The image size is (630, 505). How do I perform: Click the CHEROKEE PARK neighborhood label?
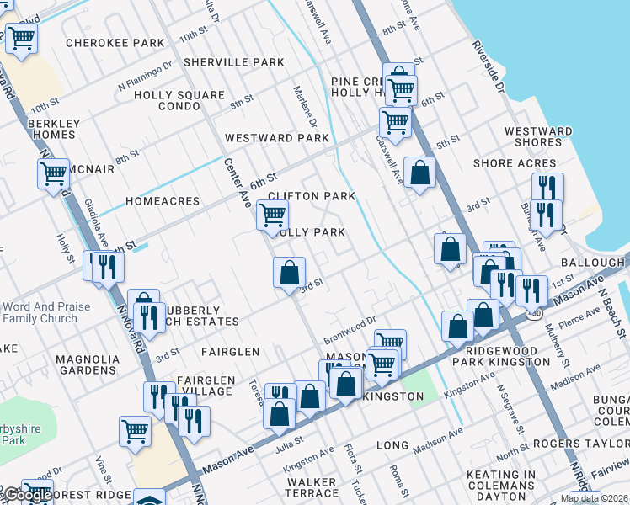coord(115,43)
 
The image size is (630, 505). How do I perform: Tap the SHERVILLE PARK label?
coord(234,62)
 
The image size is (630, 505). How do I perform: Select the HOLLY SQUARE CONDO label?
coord(179,101)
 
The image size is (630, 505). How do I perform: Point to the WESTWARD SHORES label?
coord(538,136)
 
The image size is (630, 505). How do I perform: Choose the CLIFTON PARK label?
coord(312,196)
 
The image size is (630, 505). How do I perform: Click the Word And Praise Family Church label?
coord(45,313)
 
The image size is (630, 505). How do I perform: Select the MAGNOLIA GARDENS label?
coord(87,364)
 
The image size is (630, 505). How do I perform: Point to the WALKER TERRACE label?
coord(312,487)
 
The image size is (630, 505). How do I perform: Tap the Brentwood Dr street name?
coord(350,329)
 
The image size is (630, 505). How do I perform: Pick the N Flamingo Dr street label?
coord(145,73)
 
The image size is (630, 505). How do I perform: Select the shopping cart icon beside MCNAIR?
coord(53,173)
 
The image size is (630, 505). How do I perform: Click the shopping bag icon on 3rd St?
coord(289,272)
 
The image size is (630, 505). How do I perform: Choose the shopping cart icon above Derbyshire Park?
coord(135,430)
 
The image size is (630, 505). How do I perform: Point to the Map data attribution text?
coord(594,498)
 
